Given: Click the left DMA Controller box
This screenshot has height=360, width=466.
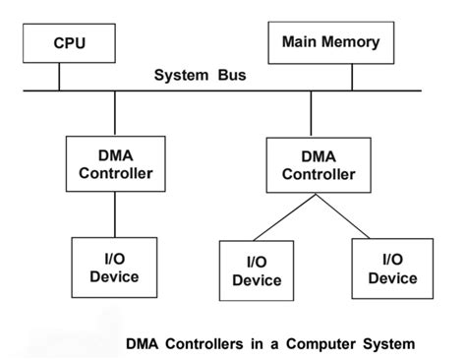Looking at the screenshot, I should [x=115, y=163].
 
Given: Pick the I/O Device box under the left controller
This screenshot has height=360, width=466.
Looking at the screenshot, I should [x=114, y=267].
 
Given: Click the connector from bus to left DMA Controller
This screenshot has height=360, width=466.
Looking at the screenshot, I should [x=115, y=113].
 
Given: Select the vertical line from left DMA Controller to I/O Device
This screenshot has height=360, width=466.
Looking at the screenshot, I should [x=115, y=214].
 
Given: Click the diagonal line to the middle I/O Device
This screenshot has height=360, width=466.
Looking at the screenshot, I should [x=285, y=217].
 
